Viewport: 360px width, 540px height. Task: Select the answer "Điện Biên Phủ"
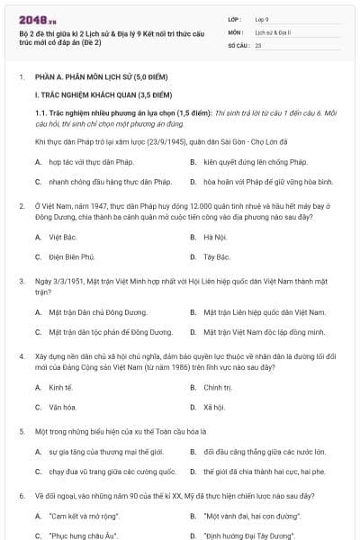pos(69,257)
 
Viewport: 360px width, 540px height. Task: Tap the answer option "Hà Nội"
pos(214,237)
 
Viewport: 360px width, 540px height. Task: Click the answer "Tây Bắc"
pos(216,257)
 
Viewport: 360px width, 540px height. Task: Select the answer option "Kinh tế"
pos(60,387)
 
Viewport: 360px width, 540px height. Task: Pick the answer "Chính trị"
pos(217,387)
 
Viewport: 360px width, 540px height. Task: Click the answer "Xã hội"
pos(213,408)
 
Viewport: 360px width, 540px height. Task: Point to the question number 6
pos(22,495)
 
